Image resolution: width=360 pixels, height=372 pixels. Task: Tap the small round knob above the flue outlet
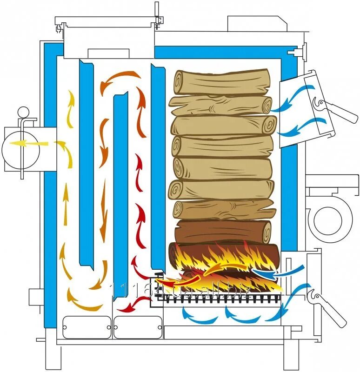tap(22, 113)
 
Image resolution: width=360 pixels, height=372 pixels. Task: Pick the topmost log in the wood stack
tap(221, 82)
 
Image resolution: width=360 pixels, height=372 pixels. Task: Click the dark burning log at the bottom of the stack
tap(223, 256)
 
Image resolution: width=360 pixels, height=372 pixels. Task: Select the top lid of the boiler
tap(105, 21)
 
